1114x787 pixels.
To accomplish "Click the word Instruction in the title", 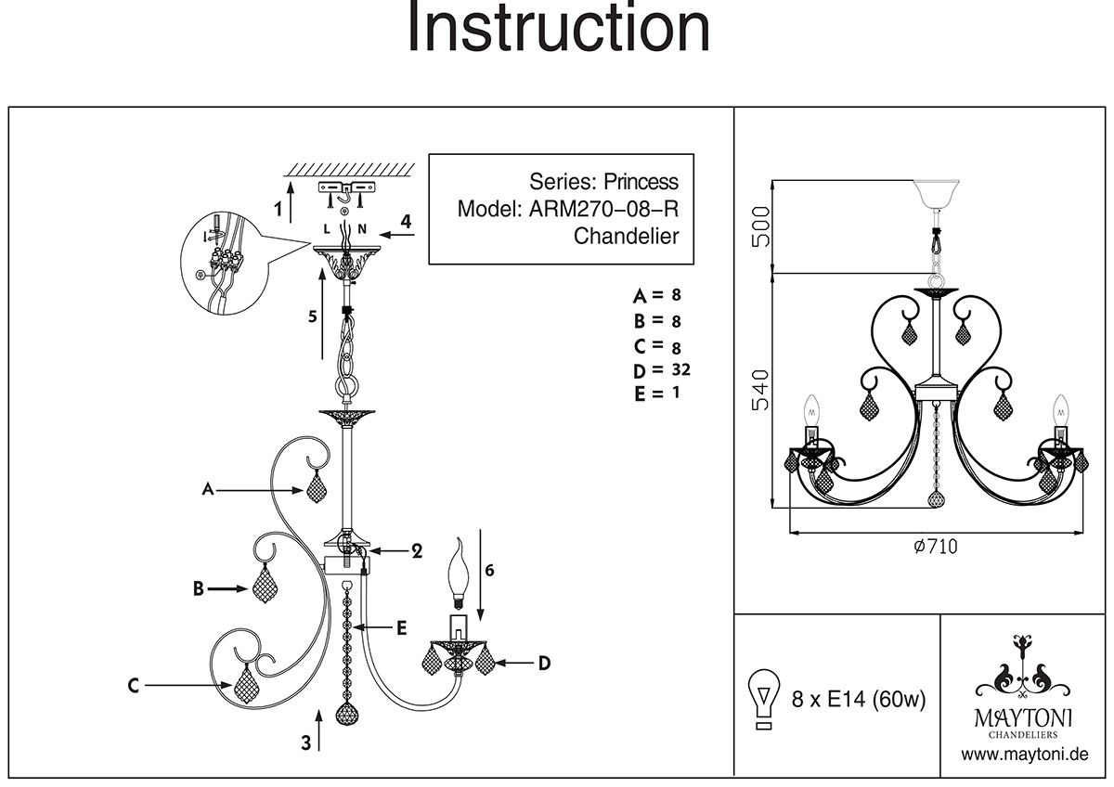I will pyautogui.click(x=558, y=29).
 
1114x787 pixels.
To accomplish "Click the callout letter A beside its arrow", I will pyautogui.click(x=209, y=489).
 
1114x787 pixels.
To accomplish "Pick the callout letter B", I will pyautogui.click(x=198, y=587).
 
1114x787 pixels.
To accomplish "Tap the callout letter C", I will pyautogui.click(x=134, y=686).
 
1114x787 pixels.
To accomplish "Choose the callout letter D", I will pyautogui.click(x=545, y=663).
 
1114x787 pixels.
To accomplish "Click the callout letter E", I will pyautogui.click(x=401, y=628).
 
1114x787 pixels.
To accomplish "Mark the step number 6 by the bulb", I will pyautogui.click(x=489, y=571).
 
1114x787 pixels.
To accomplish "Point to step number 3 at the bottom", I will pyautogui.click(x=304, y=742).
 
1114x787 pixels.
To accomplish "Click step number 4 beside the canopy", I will pyautogui.click(x=405, y=221).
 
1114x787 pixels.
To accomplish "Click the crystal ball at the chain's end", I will pyautogui.click(x=347, y=715).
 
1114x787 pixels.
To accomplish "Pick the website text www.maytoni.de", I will pyautogui.click(x=1025, y=755).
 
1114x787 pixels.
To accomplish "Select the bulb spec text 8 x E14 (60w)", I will pyautogui.click(x=859, y=700).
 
